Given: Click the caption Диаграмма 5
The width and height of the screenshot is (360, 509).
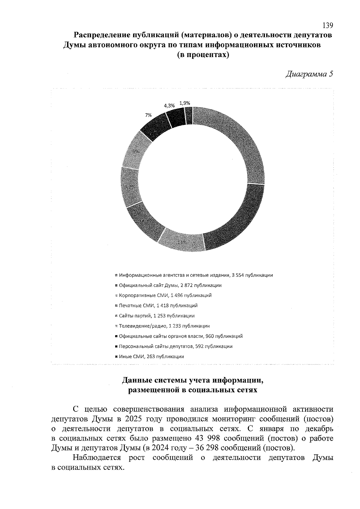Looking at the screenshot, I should point(309,74).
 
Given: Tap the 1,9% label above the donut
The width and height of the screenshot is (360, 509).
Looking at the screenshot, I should point(185,103).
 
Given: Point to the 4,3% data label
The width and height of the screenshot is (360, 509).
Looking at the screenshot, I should point(169,106).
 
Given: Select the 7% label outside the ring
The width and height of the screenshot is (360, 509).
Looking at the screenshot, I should point(148,115).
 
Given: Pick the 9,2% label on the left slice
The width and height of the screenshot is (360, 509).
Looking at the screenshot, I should point(129,187).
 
